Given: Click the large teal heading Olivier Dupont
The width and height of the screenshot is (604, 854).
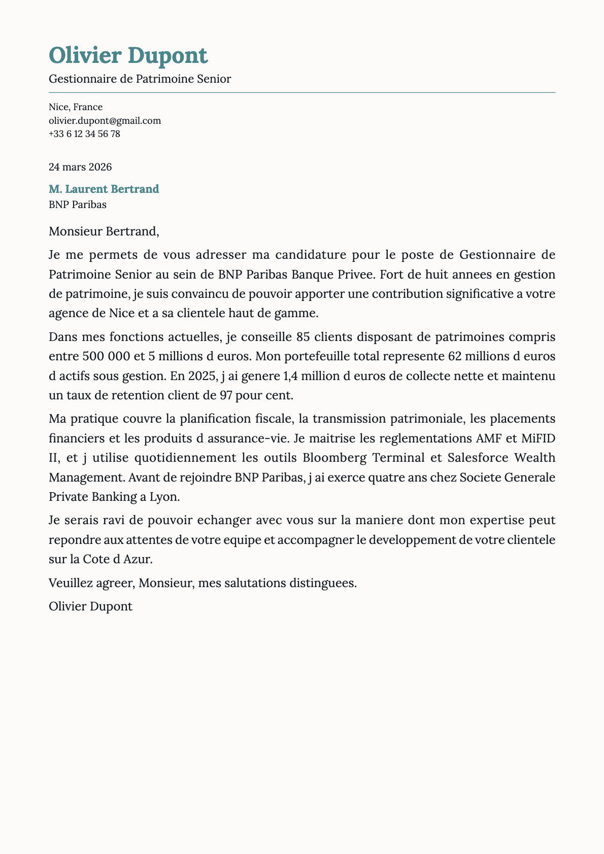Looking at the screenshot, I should coord(128,55).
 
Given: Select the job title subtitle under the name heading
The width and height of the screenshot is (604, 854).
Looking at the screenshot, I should coord(140,79).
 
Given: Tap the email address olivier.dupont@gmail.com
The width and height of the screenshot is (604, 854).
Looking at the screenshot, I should coord(105,121).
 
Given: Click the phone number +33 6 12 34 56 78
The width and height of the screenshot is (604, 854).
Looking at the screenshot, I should coord(84,134).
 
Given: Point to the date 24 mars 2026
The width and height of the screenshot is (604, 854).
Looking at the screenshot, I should coord(80,167).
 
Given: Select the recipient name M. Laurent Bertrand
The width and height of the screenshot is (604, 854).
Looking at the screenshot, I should coord(104,189).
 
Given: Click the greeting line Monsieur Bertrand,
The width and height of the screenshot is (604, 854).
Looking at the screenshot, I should coord(104,232).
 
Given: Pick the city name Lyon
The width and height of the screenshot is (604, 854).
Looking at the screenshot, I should coord(163,497).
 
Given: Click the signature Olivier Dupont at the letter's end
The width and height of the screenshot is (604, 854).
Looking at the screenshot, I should coord(90,606).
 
